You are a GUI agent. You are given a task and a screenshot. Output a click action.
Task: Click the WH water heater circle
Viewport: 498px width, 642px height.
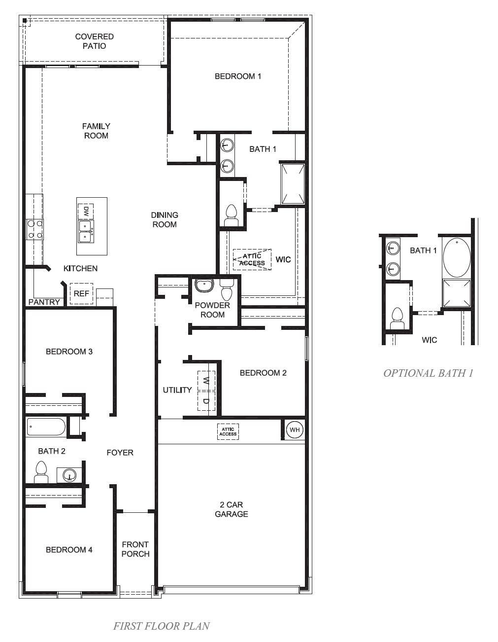(295, 430)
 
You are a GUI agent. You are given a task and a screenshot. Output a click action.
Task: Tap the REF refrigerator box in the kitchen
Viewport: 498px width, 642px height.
(81, 293)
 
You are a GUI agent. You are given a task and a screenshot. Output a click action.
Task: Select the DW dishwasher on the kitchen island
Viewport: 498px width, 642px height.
(85, 212)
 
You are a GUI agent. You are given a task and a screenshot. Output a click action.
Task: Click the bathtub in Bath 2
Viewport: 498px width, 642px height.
(46, 427)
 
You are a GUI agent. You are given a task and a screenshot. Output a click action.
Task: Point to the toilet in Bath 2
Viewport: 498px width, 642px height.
(41, 472)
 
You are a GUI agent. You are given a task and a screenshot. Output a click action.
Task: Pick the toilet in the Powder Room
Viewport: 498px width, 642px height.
(227, 290)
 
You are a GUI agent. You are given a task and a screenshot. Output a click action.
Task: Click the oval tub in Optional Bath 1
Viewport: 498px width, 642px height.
(457, 258)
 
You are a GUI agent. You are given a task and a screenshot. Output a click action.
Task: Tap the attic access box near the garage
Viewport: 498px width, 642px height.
(228, 431)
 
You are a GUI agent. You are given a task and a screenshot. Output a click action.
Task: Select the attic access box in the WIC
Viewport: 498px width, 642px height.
(252, 259)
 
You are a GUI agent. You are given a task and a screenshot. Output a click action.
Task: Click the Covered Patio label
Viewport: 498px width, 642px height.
(94, 41)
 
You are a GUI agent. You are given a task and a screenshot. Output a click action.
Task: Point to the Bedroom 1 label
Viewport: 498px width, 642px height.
(238, 76)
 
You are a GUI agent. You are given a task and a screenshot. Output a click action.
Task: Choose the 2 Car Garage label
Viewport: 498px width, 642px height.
(231, 509)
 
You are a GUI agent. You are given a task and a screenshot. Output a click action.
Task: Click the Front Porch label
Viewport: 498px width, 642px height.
(135, 549)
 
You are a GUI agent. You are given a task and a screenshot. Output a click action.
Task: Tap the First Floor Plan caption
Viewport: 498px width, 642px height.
(161, 626)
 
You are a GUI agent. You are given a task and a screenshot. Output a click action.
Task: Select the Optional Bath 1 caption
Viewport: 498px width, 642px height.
(428, 373)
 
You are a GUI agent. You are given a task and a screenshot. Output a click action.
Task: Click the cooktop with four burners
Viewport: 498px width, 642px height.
(35, 229)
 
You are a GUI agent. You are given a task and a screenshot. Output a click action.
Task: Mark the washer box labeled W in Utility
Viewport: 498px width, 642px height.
(206, 381)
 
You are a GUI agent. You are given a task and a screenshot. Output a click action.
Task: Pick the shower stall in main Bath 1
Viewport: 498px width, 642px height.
(293, 184)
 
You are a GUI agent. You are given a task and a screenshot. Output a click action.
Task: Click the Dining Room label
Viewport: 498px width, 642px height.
(165, 219)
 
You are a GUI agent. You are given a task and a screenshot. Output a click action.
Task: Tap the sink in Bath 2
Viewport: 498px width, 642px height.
(69, 475)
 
